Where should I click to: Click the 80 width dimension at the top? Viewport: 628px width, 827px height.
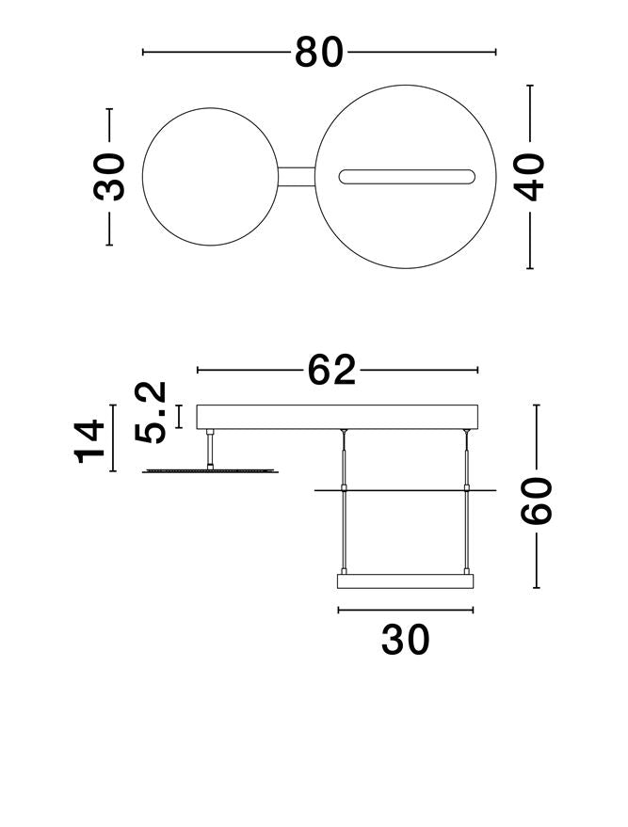click(319, 53)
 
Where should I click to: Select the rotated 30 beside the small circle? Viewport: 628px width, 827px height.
click(110, 176)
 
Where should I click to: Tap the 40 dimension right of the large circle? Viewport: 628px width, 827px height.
click(531, 176)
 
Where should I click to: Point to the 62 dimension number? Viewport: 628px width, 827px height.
click(332, 371)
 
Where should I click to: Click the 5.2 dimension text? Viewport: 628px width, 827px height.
click(152, 412)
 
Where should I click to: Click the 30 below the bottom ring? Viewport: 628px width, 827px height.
click(406, 641)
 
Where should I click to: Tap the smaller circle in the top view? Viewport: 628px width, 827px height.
click(208, 177)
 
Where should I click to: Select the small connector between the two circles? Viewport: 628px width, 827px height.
click(296, 177)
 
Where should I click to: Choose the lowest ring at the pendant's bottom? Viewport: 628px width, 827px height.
click(406, 581)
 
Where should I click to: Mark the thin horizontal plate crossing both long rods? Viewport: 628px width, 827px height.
click(406, 489)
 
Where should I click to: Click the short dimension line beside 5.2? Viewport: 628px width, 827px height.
click(179, 415)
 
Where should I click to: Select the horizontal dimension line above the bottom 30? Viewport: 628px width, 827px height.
click(406, 610)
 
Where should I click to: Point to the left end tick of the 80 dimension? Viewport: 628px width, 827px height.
click(143, 53)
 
